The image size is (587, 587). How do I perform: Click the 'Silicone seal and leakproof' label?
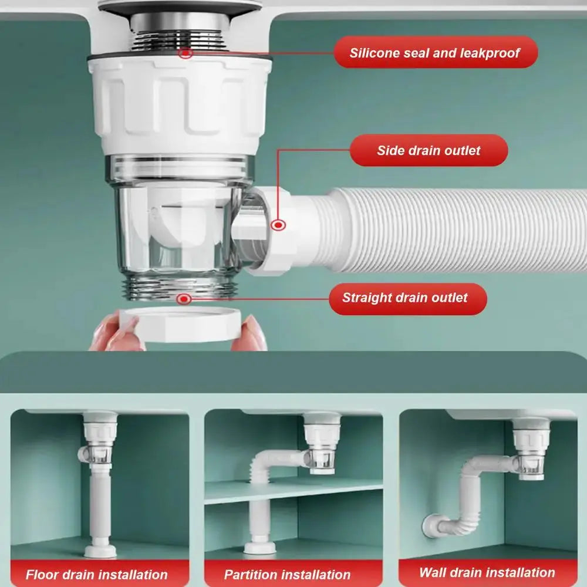pos(435,52)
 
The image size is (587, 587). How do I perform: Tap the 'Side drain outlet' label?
pos(429,150)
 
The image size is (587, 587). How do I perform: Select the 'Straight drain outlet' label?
pos(405,298)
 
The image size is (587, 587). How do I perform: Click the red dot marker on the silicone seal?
pos(187,53)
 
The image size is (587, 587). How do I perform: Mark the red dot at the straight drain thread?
pos(184,299)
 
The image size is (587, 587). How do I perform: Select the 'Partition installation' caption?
pos(288,574)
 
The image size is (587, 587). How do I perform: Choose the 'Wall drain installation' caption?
pos(487,572)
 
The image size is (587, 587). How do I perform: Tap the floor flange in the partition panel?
pos(260,548)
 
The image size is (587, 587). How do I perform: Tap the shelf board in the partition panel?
pos(293,488)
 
